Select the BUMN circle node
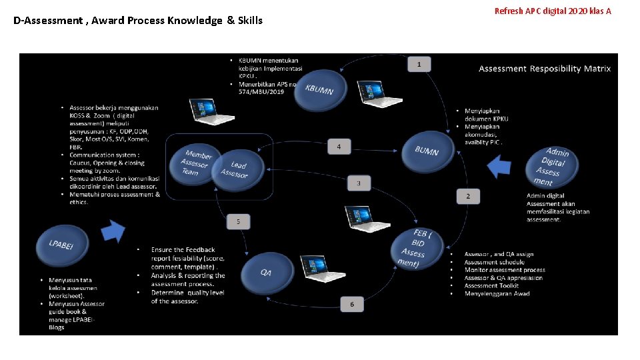[427, 151]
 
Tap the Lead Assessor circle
[237, 170]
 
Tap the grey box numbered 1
[419, 64]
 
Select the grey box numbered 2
[467, 195]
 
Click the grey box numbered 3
[359, 183]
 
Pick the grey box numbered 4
[339, 146]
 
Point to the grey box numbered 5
[239, 221]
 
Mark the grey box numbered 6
[352, 304]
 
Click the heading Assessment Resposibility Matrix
[545, 69]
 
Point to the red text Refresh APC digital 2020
[553, 11]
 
